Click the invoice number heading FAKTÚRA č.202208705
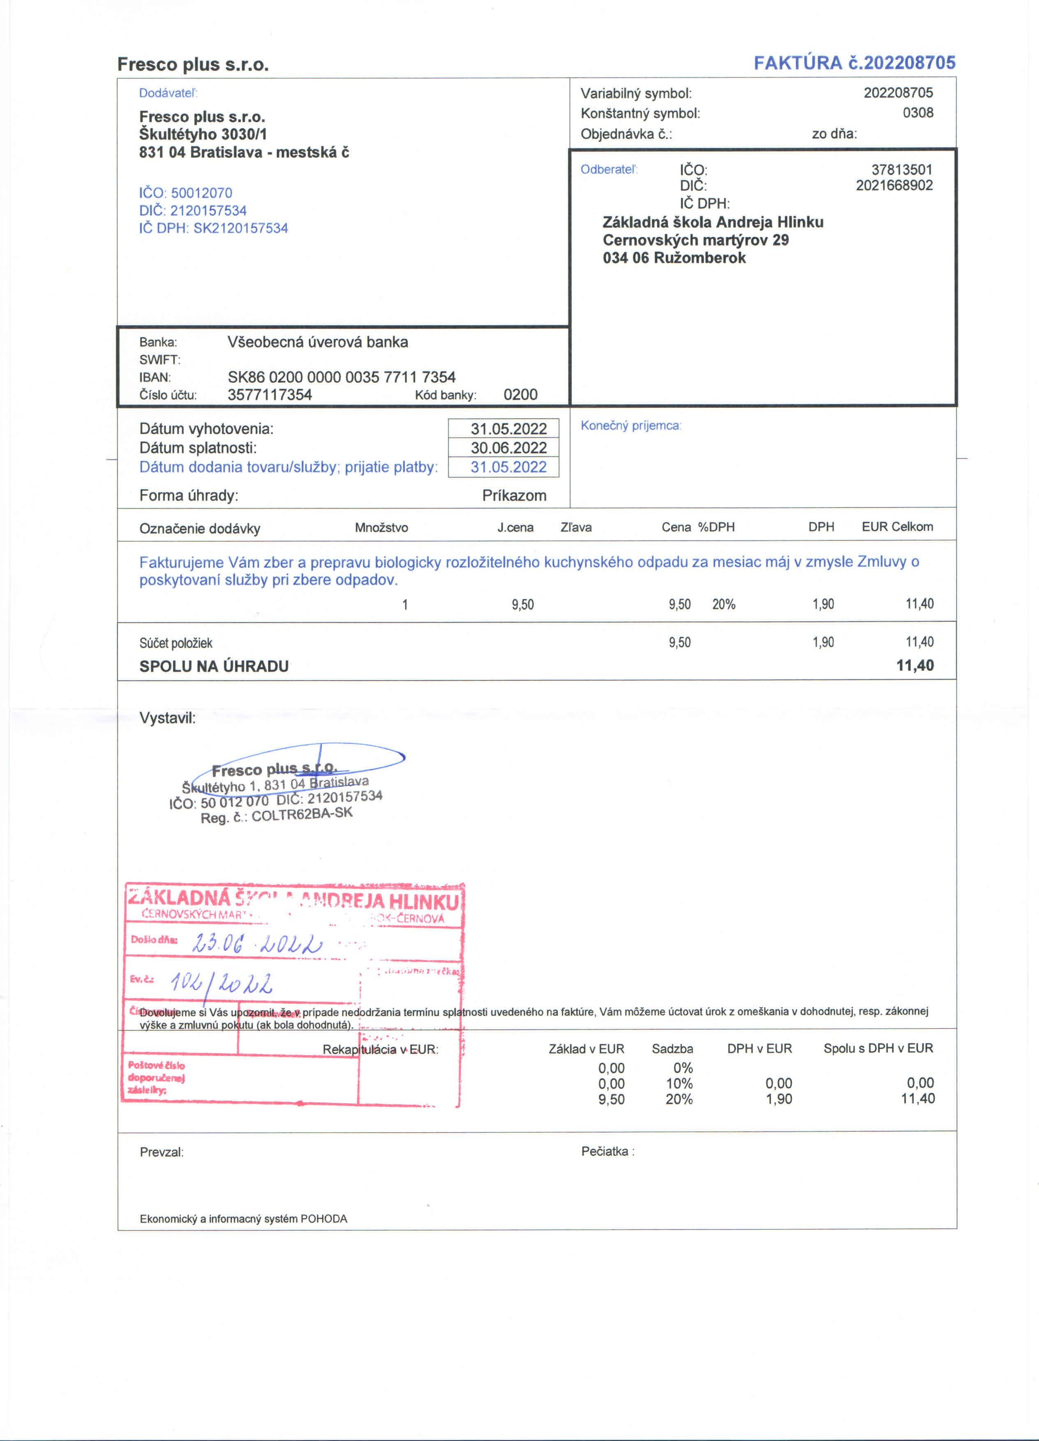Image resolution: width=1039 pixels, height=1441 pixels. tap(854, 63)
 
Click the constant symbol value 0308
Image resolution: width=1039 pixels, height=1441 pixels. tap(918, 113)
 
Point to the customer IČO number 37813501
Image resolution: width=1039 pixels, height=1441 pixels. tap(901, 170)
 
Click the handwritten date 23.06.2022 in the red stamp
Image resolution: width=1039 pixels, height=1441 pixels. tap(257, 943)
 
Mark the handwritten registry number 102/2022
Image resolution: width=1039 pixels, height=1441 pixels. tap(221, 984)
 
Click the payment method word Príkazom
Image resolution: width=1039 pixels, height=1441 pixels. tap(514, 496)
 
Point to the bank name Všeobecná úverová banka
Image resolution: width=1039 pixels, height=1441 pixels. tap(318, 342)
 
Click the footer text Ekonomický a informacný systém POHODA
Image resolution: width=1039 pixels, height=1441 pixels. tap(243, 1219)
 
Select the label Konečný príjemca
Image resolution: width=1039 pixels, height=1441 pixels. tap(630, 426)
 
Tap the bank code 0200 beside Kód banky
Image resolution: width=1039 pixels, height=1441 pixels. tap(520, 394)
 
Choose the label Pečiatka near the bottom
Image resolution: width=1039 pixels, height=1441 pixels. tap(607, 1151)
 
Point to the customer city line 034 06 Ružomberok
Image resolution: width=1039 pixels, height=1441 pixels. tap(674, 258)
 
